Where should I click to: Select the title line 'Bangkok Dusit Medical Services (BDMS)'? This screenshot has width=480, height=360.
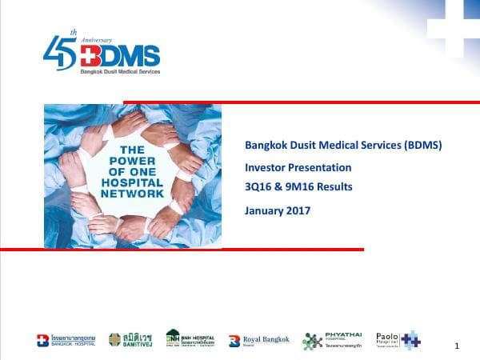tap(343, 145)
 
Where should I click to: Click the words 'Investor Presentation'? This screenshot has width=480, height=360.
tap(298, 167)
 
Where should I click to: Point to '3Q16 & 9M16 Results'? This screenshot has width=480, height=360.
tap(298, 187)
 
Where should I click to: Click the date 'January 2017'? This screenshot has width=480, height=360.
tap(278, 211)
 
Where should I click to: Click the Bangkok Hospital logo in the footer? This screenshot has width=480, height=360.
tap(66, 340)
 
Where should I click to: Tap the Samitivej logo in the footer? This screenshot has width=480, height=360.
tap(132, 340)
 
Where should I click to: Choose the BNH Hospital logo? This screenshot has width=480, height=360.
tap(190, 338)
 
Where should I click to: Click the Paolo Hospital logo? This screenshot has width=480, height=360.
tap(398, 339)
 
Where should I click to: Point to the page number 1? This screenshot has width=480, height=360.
tap(456, 346)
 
